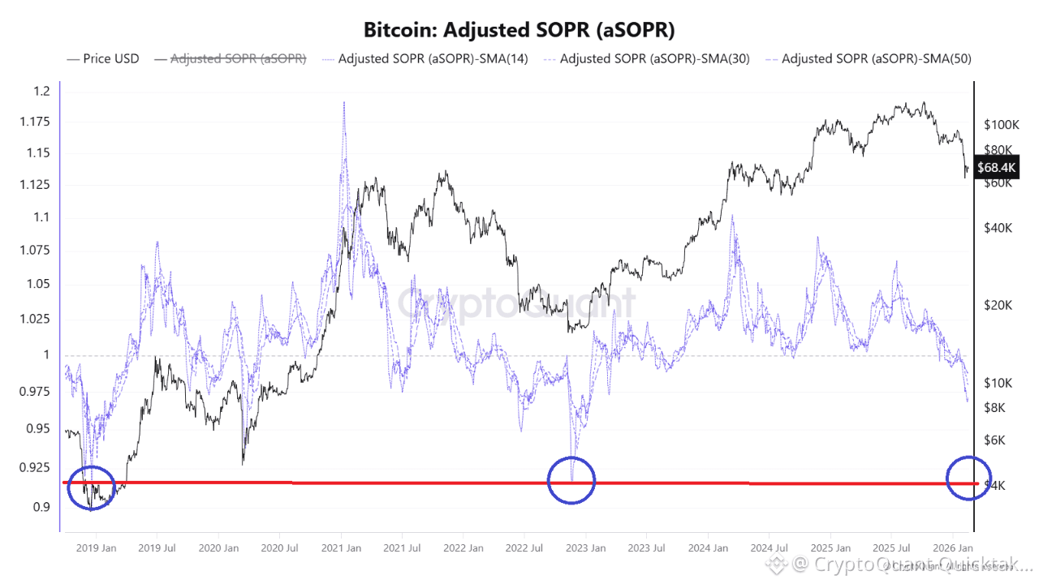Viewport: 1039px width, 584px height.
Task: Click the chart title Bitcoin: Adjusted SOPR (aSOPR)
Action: [519, 30]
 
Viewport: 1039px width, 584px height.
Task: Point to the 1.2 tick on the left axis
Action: [41, 91]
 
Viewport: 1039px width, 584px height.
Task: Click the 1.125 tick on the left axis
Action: [36, 186]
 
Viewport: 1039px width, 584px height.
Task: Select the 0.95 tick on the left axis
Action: [38, 429]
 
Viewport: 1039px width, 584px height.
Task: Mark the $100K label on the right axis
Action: [1001, 125]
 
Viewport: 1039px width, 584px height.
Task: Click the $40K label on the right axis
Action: [998, 228]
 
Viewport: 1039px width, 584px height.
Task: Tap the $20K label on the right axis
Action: [998, 305]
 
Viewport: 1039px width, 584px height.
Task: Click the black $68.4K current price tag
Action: [996, 168]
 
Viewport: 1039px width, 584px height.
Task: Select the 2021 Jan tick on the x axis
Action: [341, 547]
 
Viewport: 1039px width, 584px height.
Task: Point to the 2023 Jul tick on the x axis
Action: [648, 547]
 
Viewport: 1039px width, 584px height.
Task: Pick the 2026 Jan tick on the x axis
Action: [954, 547]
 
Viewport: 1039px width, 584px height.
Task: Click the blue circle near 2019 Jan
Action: [92, 487]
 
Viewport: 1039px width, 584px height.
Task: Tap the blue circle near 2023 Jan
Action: [571, 479]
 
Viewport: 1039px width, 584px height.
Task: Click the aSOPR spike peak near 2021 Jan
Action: [344, 103]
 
